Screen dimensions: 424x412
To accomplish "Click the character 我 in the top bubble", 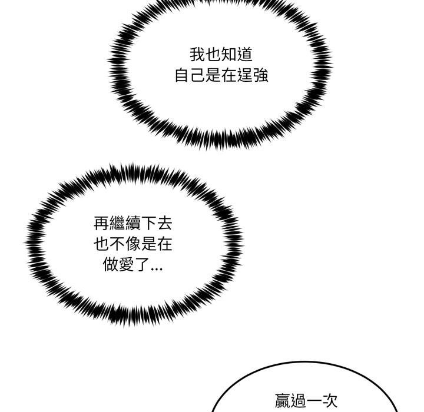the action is coord(197,54).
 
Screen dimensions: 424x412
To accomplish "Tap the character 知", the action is coord(228,54).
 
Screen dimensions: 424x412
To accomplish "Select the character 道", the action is coord(244,54).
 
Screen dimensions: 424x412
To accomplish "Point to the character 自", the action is coord(182,75).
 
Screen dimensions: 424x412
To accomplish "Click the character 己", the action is coord(198,75).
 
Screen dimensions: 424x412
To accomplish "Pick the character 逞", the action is coord(245,75).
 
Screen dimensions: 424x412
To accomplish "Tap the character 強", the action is coord(260,75).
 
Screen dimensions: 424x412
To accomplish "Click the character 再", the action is coord(101,223).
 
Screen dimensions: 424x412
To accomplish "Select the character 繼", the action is coord(117,223).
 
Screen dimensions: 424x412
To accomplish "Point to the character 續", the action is coord(132,223).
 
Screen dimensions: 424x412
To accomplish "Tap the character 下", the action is coord(148,223).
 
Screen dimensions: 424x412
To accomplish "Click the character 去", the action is coord(164,223).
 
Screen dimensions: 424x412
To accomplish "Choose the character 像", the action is coord(132,244).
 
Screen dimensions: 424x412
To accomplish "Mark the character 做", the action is coord(110,264).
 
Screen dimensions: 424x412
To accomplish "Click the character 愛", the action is coord(126,264).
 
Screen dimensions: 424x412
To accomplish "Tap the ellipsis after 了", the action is coord(157,269).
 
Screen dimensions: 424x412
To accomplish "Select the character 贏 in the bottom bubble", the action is coord(283,401).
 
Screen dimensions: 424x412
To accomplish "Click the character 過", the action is coord(298,401).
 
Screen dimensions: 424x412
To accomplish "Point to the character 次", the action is coord(330,401).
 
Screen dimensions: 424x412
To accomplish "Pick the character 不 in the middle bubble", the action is coord(117,244).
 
